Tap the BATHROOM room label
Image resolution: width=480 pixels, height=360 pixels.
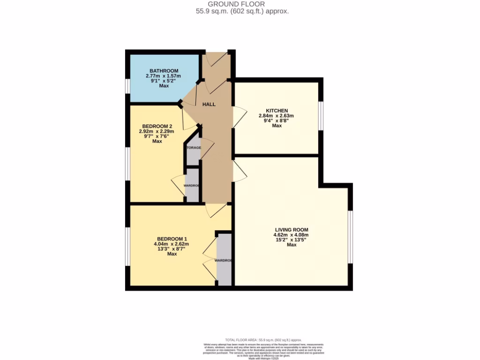coord(164,71)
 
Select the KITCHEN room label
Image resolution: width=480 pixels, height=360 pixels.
coord(277,111)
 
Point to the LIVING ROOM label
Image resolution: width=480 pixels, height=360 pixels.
coord(291,230)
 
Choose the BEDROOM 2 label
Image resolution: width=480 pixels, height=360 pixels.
coord(157,126)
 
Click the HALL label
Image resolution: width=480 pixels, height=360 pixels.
coord(209,104)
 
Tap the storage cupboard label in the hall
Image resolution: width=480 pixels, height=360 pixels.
coord(193,148)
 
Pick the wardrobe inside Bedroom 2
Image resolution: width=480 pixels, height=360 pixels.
coord(192,186)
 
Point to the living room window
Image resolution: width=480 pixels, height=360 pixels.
coord(350,237)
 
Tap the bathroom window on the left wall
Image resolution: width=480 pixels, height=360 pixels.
coord(127,86)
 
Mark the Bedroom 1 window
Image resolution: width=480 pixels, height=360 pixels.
coord(127,247)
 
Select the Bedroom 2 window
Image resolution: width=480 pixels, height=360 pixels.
coord(127,164)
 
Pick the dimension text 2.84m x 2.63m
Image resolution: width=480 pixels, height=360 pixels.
coord(277,116)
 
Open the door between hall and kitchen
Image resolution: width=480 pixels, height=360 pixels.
coord(240,117)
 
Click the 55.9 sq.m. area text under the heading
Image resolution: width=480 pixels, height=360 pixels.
coord(242,11)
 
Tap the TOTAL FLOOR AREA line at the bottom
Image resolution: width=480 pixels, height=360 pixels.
coord(263,340)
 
